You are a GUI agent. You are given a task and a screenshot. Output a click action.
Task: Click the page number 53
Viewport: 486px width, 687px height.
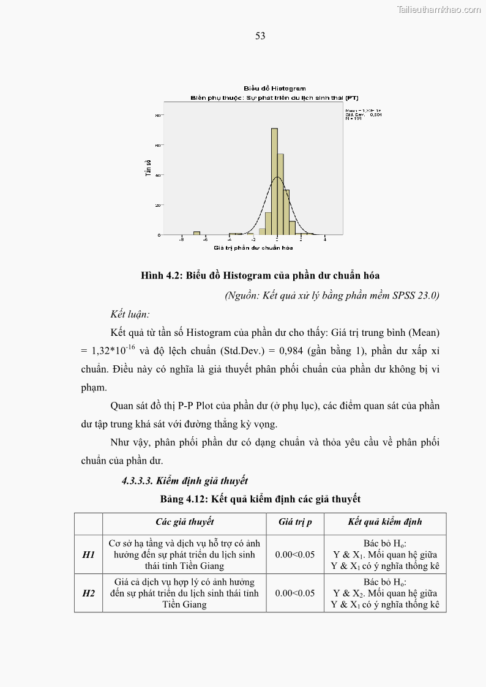(x=260, y=36)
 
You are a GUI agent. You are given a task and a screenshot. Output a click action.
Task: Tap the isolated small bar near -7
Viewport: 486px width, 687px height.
(x=196, y=233)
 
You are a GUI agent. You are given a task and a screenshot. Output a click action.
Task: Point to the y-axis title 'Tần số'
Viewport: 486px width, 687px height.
(x=148, y=169)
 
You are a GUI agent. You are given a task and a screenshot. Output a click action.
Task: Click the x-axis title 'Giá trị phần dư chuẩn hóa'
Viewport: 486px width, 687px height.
(x=253, y=248)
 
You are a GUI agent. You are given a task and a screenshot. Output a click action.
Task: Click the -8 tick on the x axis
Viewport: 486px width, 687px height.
(x=181, y=239)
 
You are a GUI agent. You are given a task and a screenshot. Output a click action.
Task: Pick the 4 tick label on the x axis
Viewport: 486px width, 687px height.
(x=324, y=239)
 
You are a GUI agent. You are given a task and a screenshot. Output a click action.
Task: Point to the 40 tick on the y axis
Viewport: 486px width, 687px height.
(x=158, y=175)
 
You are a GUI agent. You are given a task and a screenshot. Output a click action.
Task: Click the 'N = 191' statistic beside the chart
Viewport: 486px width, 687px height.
(x=354, y=118)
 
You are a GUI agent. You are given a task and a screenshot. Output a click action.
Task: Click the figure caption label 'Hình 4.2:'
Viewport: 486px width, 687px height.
(x=160, y=276)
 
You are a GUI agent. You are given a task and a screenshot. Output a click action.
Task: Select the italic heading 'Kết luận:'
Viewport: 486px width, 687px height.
(x=130, y=314)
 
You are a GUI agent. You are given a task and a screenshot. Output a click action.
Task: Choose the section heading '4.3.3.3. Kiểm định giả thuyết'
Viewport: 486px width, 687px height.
(x=184, y=481)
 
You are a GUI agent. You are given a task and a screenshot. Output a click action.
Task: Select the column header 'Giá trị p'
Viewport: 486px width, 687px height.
(x=295, y=522)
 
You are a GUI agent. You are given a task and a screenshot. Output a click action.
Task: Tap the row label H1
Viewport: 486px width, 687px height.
(x=88, y=554)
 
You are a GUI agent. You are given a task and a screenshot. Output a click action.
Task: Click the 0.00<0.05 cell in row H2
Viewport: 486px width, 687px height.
(x=295, y=593)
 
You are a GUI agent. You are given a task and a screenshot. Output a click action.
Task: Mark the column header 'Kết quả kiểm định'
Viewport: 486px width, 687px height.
(x=384, y=522)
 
